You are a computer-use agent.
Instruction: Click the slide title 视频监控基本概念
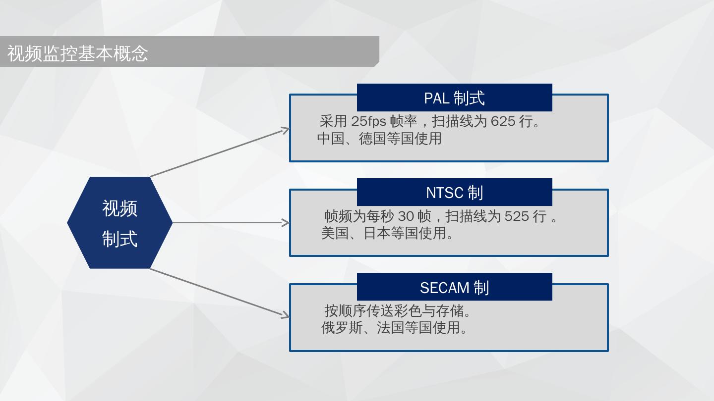click(78, 53)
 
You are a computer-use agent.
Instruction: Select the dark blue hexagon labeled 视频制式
click(120, 223)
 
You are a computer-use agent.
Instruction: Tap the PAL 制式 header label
click(454, 98)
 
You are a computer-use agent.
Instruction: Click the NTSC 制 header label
click(454, 193)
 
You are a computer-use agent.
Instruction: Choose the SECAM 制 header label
click(454, 287)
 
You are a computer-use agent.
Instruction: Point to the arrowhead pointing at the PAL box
click(286, 130)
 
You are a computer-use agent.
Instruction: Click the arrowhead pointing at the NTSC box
click(286, 223)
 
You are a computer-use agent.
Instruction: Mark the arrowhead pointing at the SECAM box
click(286, 315)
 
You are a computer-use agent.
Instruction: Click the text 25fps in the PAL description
click(368, 121)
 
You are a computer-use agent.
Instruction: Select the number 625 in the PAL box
click(503, 121)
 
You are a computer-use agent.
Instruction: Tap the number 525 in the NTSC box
click(517, 216)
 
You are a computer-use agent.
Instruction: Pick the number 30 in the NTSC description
click(406, 216)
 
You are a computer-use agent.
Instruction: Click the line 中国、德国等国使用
click(379, 139)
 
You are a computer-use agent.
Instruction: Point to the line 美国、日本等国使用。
click(387, 233)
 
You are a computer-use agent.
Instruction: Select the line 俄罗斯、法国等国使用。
click(394, 328)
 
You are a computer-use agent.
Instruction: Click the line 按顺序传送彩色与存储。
click(398, 311)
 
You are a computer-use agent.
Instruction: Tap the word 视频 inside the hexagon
click(120, 208)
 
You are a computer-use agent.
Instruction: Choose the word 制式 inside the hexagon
click(120, 239)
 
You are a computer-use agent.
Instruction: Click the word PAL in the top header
click(436, 98)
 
